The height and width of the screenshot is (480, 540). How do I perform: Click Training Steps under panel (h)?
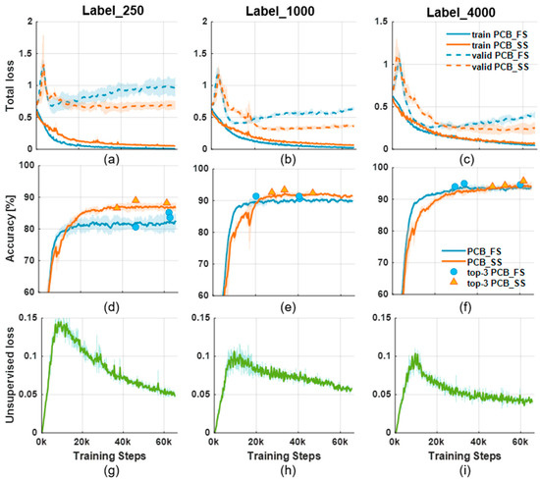277,456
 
